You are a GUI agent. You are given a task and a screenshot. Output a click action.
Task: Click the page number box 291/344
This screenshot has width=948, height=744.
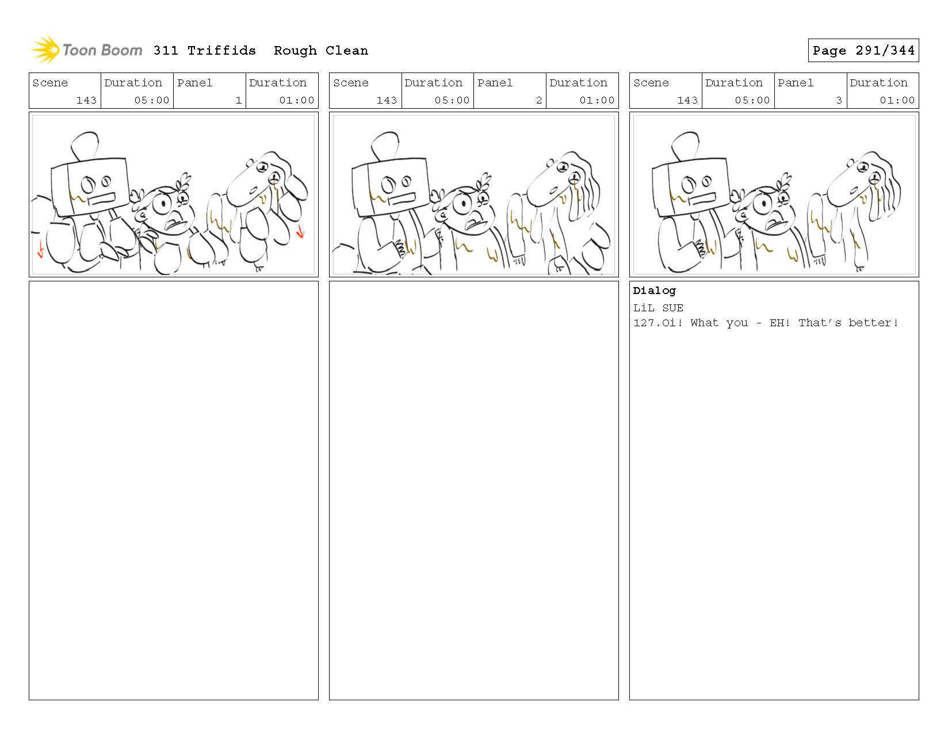pos(863,50)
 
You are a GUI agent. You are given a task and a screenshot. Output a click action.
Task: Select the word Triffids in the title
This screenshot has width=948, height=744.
pos(221,51)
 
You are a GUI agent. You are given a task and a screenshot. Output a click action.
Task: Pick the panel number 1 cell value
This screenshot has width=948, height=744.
pos(238,100)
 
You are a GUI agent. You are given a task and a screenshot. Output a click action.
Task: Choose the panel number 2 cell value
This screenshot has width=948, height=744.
pos(539,100)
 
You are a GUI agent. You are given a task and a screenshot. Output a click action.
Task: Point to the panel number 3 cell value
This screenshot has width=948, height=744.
pos(839,100)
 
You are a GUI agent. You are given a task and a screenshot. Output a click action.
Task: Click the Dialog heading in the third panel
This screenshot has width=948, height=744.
pos(654,291)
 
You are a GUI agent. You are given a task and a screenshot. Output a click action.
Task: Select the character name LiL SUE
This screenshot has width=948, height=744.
pos(658,308)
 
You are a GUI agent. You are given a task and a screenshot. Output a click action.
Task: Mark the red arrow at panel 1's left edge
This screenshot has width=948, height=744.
pos(41,249)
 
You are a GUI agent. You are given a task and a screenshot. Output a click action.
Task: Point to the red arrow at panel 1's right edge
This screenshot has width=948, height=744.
pos(300,231)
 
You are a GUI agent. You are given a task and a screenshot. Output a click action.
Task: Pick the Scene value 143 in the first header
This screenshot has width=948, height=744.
pos(86,100)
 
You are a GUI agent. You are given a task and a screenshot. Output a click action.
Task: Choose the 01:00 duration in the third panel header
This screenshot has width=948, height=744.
pos(897,100)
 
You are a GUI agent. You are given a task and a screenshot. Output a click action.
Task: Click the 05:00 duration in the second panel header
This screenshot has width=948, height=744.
pos(452,100)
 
